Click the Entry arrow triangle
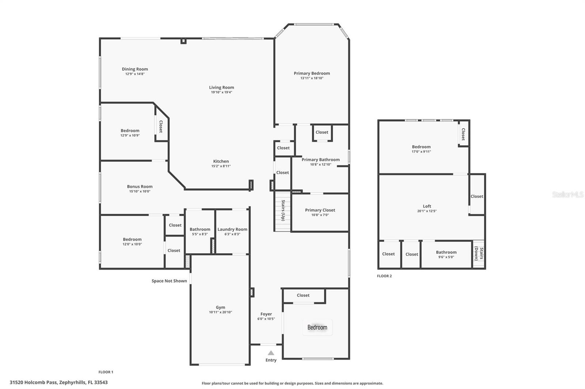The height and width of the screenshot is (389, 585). pyautogui.click(x=271, y=353)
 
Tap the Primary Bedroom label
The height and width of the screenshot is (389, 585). pyautogui.click(x=312, y=73)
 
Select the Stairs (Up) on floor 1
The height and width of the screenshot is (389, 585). pyautogui.click(x=283, y=211)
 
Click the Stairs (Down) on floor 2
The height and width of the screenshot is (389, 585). pyautogui.click(x=479, y=254)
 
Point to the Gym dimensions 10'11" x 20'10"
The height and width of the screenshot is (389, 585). pyautogui.click(x=220, y=312)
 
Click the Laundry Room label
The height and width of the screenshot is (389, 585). pyautogui.click(x=232, y=229)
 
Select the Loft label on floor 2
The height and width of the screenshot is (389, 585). pyautogui.click(x=427, y=206)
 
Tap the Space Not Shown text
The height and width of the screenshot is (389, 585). pyautogui.click(x=169, y=281)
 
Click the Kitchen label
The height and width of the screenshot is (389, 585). pyautogui.click(x=221, y=161)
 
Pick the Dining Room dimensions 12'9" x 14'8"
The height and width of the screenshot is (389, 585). pyautogui.click(x=135, y=74)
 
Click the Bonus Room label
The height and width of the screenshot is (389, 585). pyautogui.click(x=140, y=186)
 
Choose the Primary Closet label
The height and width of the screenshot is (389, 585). pyautogui.click(x=320, y=210)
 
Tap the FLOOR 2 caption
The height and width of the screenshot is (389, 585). pyautogui.click(x=384, y=276)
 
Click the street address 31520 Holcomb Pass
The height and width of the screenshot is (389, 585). pyautogui.click(x=58, y=382)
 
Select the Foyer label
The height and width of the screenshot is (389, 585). pyautogui.click(x=266, y=314)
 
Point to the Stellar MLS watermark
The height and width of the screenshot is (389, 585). pyautogui.click(x=567, y=195)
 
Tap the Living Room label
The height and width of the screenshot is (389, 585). pyautogui.click(x=222, y=87)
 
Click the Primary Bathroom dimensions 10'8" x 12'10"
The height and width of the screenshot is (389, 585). pyautogui.click(x=321, y=165)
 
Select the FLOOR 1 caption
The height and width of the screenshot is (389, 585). pyautogui.click(x=106, y=372)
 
